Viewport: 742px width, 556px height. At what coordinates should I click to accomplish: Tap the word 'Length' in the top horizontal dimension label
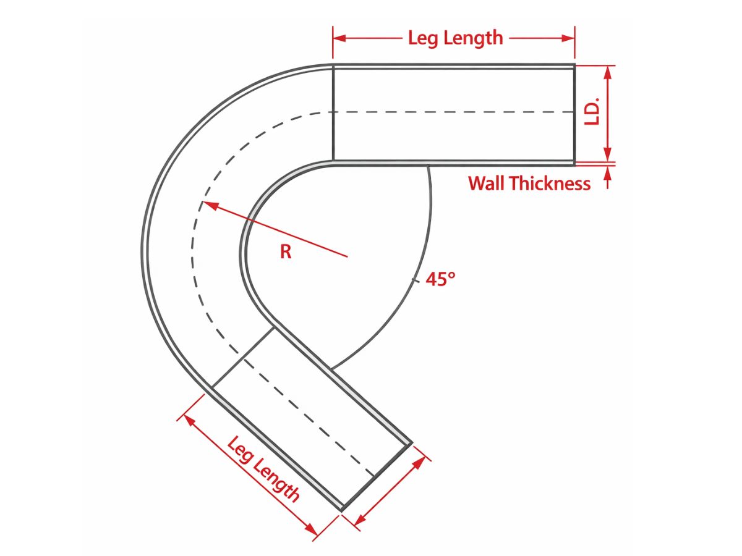tap(474, 38)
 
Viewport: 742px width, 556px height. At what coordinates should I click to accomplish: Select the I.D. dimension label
tap(592, 112)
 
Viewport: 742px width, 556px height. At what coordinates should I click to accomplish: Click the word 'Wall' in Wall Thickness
tap(487, 183)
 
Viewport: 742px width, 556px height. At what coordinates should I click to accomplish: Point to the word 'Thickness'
tap(550, 183)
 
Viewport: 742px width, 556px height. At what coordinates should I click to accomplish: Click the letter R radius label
tap(286, 252)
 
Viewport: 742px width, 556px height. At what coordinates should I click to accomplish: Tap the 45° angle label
tap(440, 279)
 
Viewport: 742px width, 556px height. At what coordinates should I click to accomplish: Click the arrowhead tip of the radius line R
tap(202, 202)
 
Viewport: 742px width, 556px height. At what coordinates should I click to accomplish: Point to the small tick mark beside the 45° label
tap(415, 280)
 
